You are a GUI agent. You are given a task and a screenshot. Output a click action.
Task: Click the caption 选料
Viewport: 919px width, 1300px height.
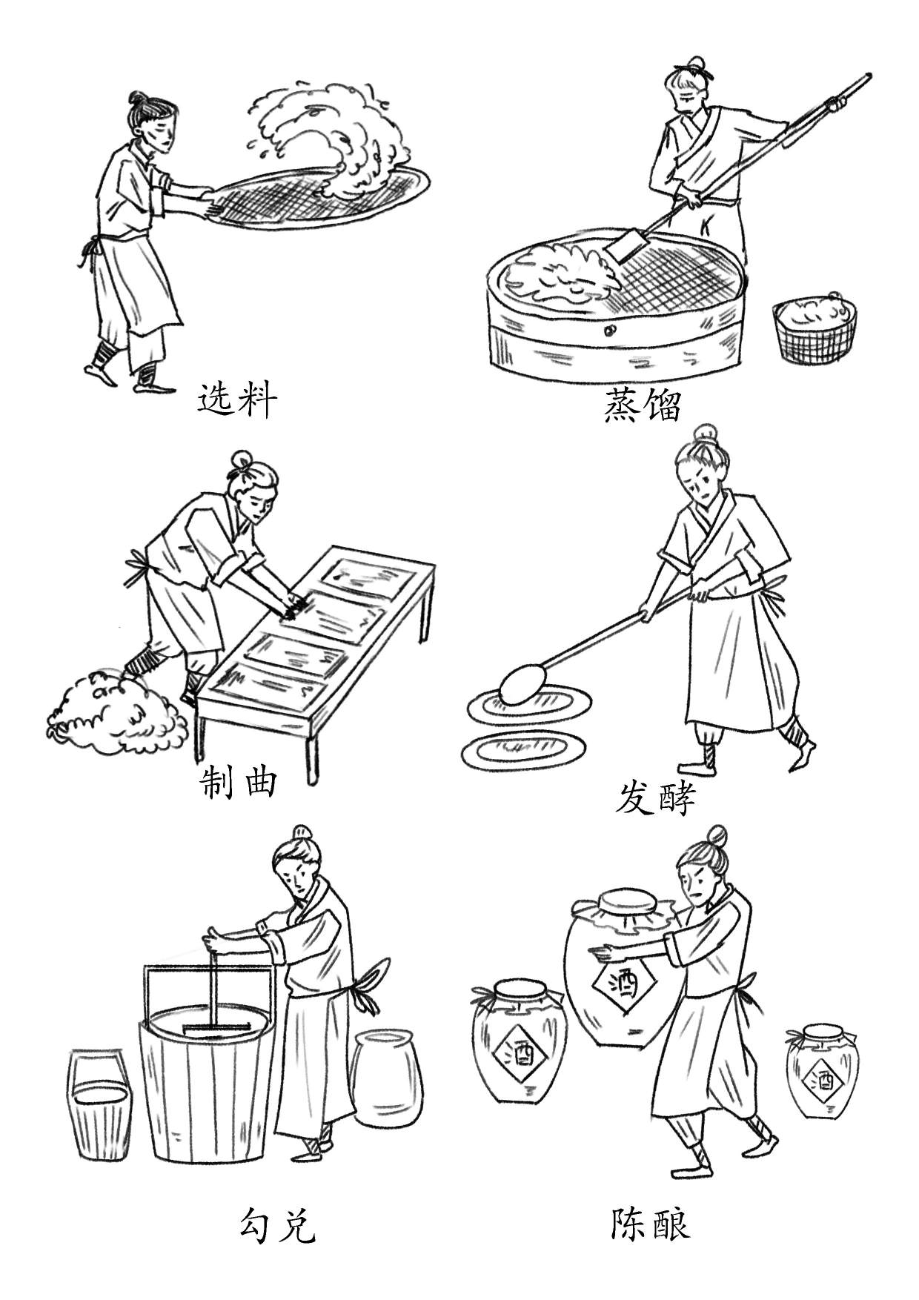pyautogui.click(x=237, y=401)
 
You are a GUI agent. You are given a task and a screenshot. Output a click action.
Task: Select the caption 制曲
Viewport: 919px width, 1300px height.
pyautogui.click(x=239, y=782)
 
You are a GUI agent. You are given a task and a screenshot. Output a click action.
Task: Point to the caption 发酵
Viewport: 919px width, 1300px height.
pyautogui.click(x=655, y=799)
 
